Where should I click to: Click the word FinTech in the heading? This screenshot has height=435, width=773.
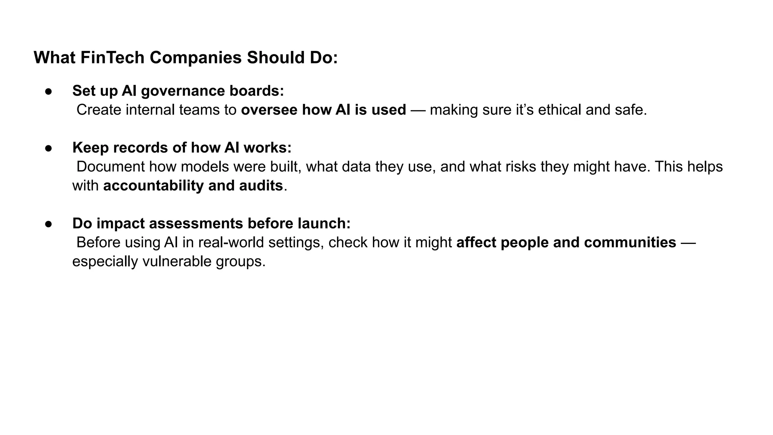pyautogui.click(x=112, y=58)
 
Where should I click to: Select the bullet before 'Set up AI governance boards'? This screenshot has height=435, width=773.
pyautogui.click(x=48, y=91)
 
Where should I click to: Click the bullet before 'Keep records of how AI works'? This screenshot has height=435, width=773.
pyautogui.click(x=48, y=148)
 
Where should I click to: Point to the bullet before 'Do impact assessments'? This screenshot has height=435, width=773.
pyautogui.click(x=48, y=224)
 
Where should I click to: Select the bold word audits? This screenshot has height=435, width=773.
pyautogui.click(x=261, y=186)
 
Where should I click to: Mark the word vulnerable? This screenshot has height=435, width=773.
pyautogui.click(x=177, y=261)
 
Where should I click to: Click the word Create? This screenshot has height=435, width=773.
pyautogui.click(x=99, y=110)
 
